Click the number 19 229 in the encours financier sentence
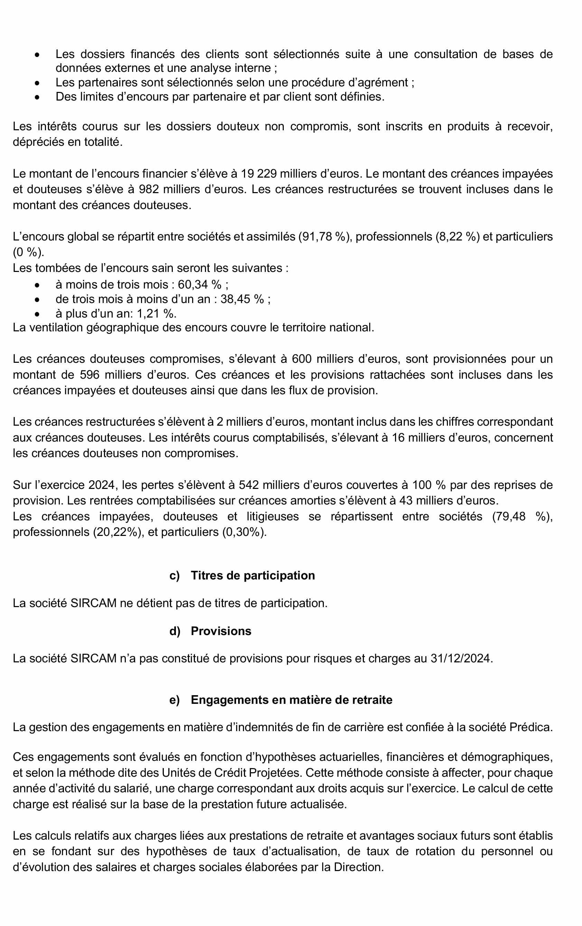tap(259, 174)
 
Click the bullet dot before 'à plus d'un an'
tap(37, 314)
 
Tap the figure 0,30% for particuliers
tap(244, 532)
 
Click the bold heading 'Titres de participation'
tap(253, 575)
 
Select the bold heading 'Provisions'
tap(221, 631)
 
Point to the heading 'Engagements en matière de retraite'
tap(291, 699)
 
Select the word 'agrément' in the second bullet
tap(382, 82)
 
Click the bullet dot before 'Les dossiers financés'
tap(37, 55)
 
